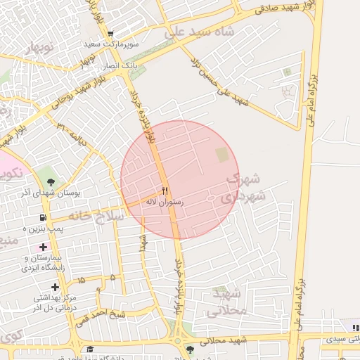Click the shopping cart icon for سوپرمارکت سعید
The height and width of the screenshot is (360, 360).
coord(110,34)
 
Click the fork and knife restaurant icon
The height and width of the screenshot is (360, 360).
coord(165,191)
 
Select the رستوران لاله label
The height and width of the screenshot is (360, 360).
coord(164,202)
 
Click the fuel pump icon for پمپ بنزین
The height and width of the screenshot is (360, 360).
coord(44,218)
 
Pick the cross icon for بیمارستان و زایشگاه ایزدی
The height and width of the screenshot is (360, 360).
coord(44,247)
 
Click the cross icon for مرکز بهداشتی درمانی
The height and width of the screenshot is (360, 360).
coord(55,286)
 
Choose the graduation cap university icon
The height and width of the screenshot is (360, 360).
coord(90,349)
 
